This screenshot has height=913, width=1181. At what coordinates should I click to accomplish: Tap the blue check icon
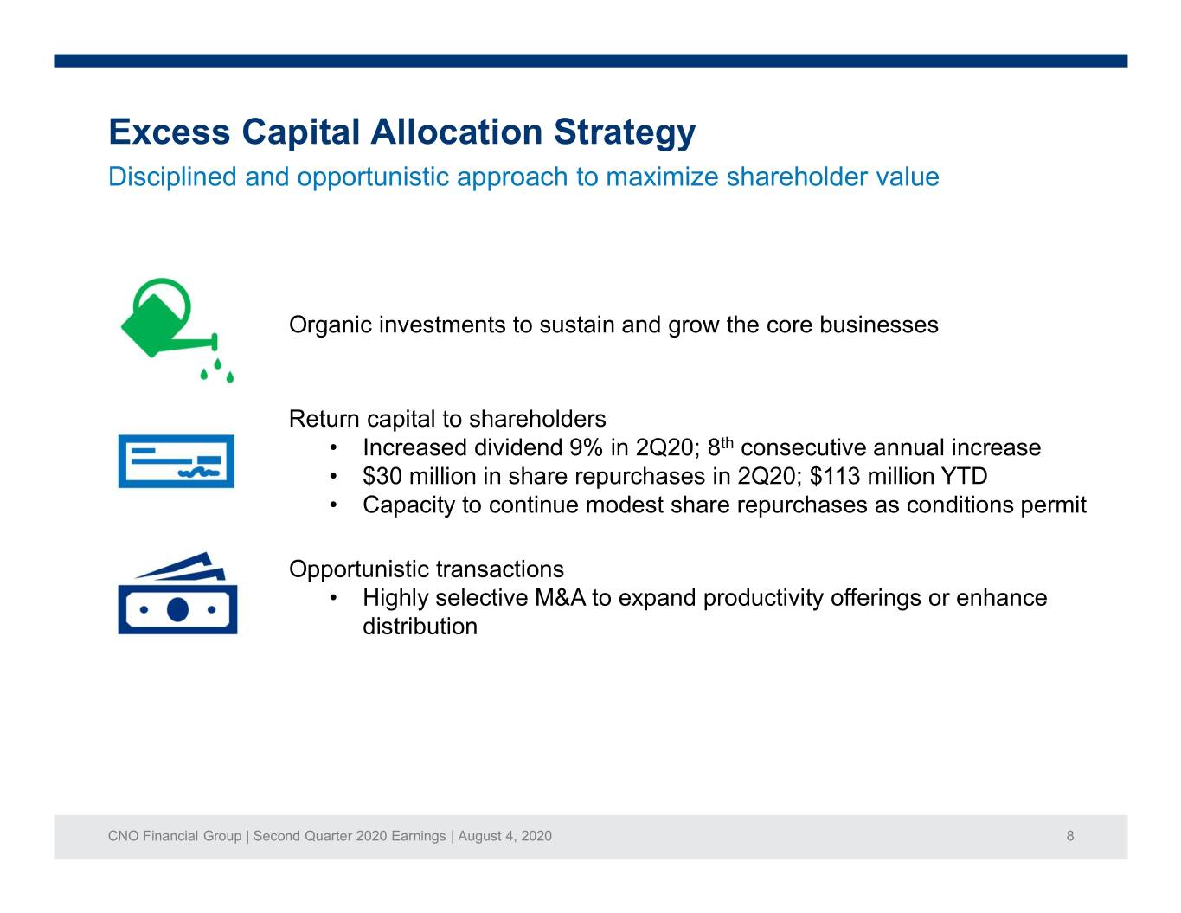click(177, 461)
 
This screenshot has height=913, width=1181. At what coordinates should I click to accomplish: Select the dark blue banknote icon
click(177, 593)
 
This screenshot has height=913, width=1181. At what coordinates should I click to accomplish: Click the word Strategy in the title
click(625, 132)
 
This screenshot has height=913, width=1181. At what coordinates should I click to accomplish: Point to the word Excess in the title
click(170, 132)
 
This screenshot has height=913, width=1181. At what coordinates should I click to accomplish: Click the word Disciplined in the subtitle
click(172, 177)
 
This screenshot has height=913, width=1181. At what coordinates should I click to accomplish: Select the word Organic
click(331, 325)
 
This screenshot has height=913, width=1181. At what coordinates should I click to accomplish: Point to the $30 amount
click(382, 476)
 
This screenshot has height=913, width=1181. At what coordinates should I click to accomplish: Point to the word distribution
click(420, 627)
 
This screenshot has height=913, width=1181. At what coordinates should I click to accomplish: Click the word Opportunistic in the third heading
click(359, 569)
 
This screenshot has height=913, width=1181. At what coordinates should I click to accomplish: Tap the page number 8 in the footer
click(1069, 836)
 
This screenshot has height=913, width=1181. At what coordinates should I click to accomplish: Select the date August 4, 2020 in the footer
click(504, 836)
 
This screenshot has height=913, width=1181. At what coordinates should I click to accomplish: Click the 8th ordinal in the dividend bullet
click(720, 447)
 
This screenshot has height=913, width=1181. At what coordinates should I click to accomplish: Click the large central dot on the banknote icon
click(177, 609)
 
